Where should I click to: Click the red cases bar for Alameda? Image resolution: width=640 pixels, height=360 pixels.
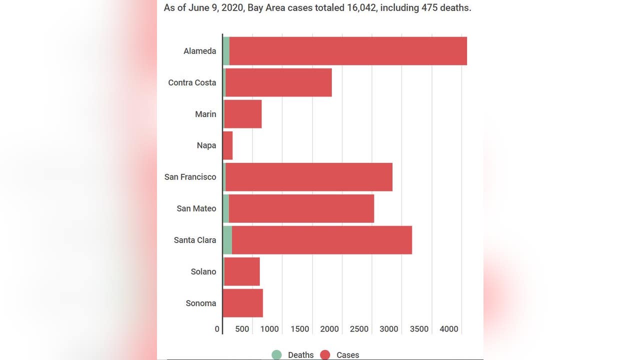[348, 51]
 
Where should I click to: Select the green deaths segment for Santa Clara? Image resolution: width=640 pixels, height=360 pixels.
[227, 240]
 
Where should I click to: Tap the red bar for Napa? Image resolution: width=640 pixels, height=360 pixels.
[227, 145]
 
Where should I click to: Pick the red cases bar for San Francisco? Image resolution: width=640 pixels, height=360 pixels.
[309, 177]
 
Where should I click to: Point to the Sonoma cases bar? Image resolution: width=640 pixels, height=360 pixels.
[243, 303]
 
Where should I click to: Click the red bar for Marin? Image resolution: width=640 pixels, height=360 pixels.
[243, 114]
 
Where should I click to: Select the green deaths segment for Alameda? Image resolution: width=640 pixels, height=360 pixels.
[226, 51]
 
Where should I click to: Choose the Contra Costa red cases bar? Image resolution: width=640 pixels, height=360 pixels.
[278, 82]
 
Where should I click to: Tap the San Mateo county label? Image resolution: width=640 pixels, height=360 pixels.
[196, 208]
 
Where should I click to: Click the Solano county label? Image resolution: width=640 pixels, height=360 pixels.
[203, 271]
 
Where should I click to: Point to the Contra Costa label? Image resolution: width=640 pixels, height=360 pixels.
[192, 82]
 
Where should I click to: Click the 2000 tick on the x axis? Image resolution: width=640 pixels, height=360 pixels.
[329, 329]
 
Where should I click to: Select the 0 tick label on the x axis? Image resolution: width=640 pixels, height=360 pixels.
[217, 329]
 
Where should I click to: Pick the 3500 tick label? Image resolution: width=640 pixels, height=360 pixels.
[419, 329]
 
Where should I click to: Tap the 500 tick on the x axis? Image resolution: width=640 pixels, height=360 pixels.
[242, 329]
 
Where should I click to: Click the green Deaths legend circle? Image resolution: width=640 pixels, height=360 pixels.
[276, 355]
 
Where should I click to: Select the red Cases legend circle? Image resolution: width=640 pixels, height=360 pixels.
[325, 355]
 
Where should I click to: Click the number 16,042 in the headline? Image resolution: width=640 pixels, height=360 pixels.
[361, 7]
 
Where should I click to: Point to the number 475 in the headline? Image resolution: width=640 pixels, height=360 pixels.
[429, 7]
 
